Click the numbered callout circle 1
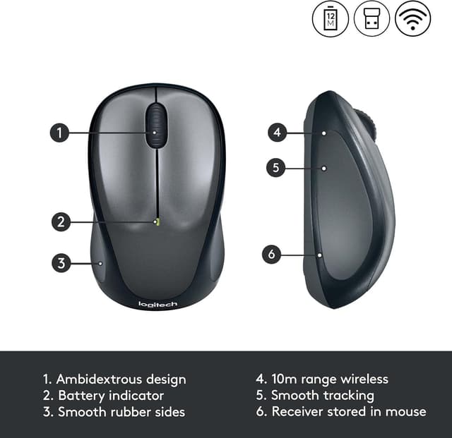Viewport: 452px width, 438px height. (59, 132)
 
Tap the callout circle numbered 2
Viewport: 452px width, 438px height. (61, 221)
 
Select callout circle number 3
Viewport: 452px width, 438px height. (61, 264)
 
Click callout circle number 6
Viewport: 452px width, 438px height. (272, 254)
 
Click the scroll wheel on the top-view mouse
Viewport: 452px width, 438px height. (157, 126)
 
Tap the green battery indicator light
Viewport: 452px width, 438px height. (156, 222)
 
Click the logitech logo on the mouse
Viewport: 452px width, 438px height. (157, 304)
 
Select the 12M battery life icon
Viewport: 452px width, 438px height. (331, 18)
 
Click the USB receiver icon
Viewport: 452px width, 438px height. (371, 18)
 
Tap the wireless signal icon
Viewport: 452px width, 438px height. (412, 18)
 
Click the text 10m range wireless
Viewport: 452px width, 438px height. (330, 379)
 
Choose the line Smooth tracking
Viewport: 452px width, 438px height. (323, 396)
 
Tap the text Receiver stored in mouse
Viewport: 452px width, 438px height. (349, 411)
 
